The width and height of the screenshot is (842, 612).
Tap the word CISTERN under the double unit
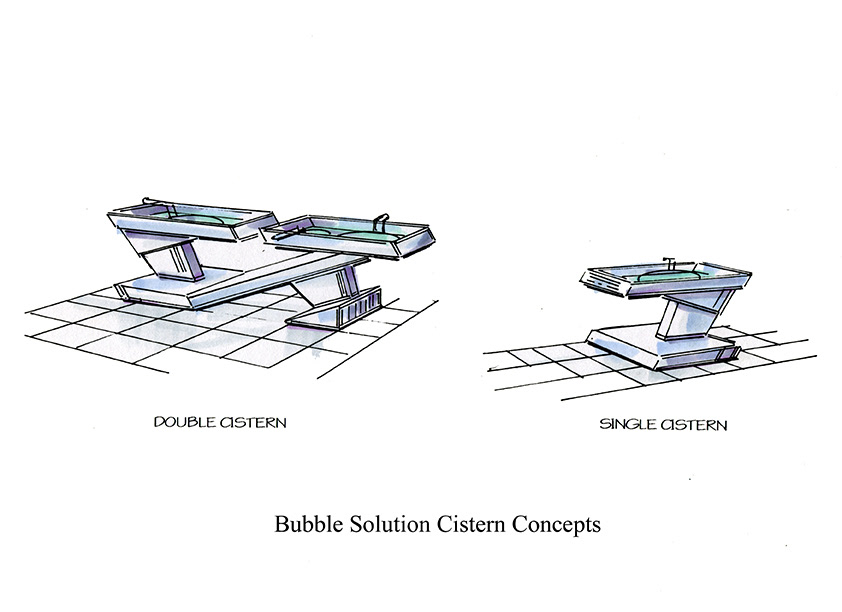(x=253, y=423)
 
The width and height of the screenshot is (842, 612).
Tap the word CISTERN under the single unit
(x=692, y=425)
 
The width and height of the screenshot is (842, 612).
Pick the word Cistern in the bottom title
(x=471, y=524)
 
